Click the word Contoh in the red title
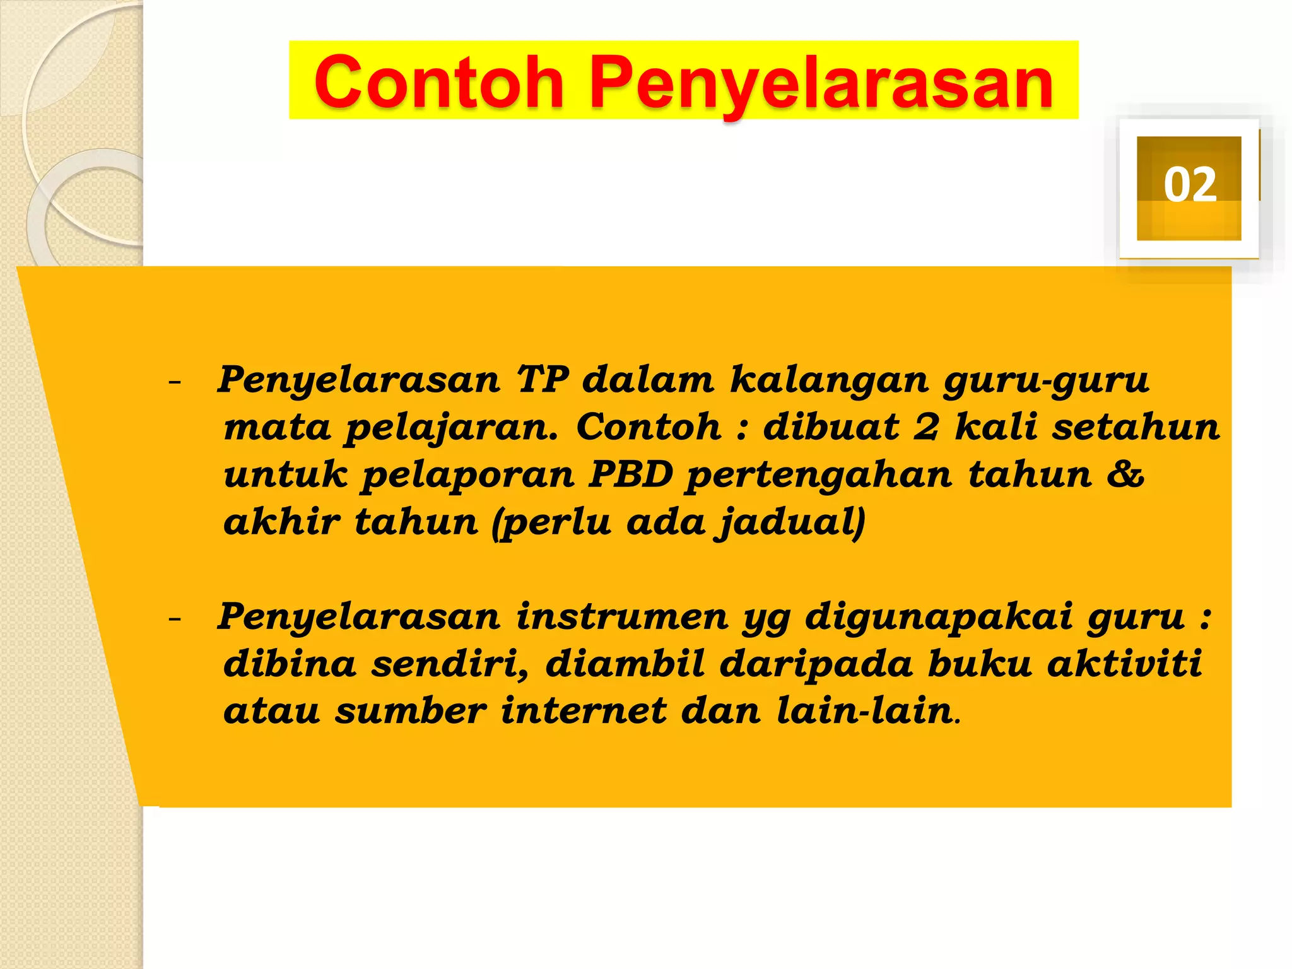(x=439, y=82)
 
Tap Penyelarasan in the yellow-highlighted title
(x=821, y=83)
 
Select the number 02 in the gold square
(x=1190, y=185)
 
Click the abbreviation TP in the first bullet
(x=543, y=380)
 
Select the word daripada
(x=816, y=665)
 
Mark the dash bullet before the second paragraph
(x=175, y=618)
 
